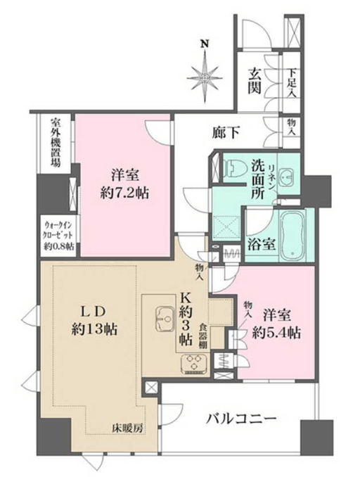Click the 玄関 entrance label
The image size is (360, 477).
tap(255, 81)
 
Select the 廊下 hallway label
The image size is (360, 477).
tap(225, 132)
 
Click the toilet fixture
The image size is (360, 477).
tap(232, 167)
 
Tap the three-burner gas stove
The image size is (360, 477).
tap(194, 364)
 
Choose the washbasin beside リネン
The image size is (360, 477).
tap(287, 177)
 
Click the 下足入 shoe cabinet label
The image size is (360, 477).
tap(292, 83)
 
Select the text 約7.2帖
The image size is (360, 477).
tap(125, 193)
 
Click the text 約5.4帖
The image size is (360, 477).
tap(276, 333)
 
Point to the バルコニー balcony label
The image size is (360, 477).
tap(241, 419)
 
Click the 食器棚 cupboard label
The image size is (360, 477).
tap(203, 336)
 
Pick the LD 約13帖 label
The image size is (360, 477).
tap(94, 322)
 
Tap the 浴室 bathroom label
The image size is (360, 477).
tap(262, 244)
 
